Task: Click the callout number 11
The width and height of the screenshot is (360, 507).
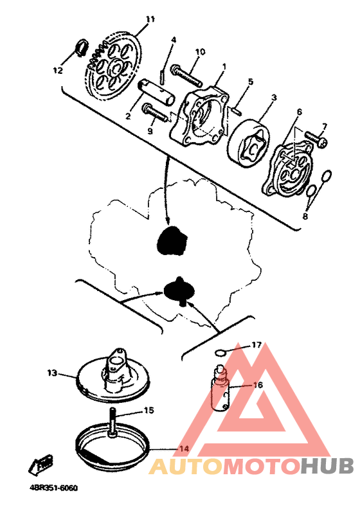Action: click(x=150, y=19)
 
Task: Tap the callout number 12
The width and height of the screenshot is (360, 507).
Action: click(x=58, y=70)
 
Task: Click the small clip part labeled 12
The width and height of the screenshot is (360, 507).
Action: click(x=82, y=47)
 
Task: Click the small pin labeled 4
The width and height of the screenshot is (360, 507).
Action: click(x=163, y=76)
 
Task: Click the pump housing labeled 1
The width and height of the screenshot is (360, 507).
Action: click(x=199, y=116)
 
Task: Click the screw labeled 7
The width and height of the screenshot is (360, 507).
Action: click(x=316, y=138)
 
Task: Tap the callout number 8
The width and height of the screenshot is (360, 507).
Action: click(x=305, y=217)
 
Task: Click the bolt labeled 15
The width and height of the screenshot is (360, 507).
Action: click(x=113, y=422)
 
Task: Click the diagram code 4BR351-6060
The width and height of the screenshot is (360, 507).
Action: click(x=53, y=488)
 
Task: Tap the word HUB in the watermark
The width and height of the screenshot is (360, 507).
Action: click(x=327, y=467)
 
